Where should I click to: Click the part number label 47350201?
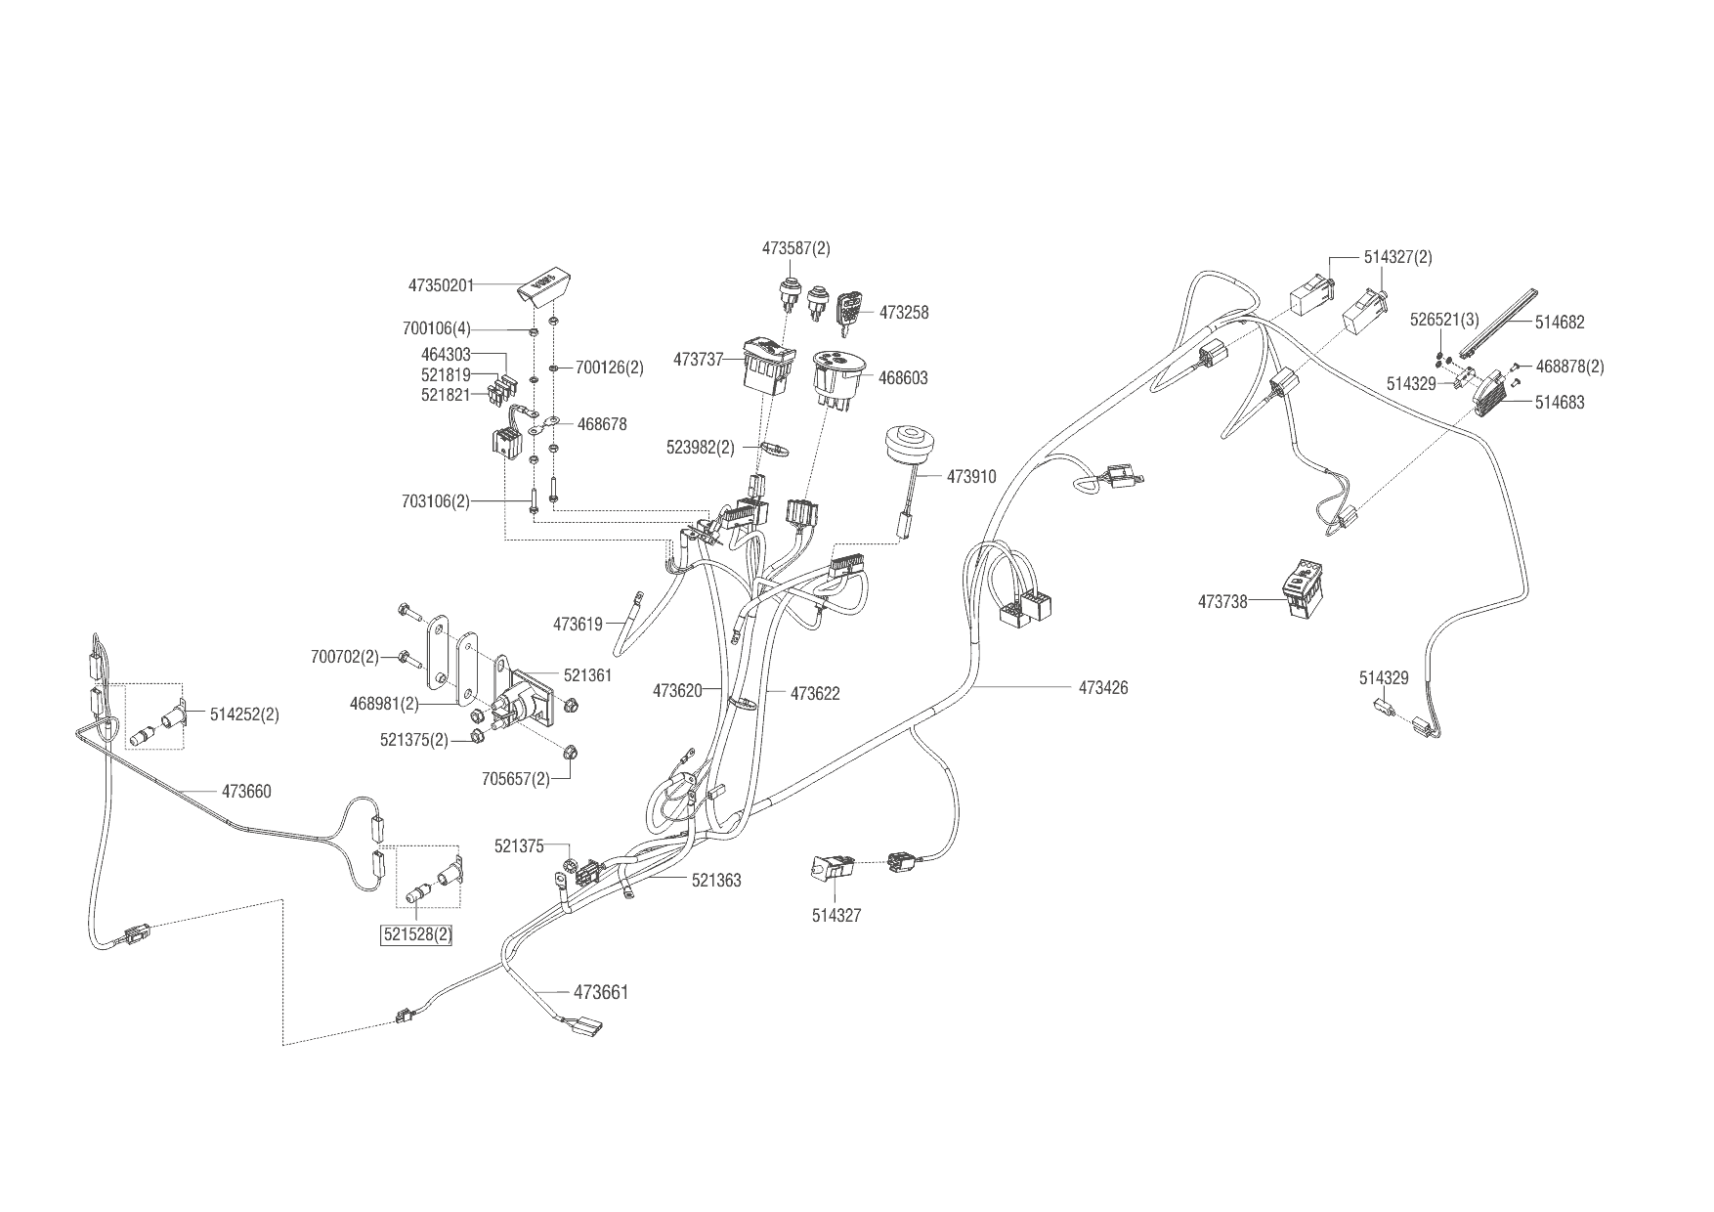pyautogui.click(x=441, y=285)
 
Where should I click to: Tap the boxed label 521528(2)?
pyautogui.click(x=417, y=934)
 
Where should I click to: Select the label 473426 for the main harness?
pyautogui.click(x=1103, y=688)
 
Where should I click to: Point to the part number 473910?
pyautogui.click(x=971, y=477)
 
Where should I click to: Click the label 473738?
pyautogui.click(x=1222, y=602)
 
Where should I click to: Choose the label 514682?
pyautogui.click(x=1560, y=322)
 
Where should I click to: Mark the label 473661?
pyautogui.click(x=601, y=993)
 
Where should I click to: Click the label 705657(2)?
pyautogui.click(x=516, y=779)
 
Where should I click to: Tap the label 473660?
pyautogui.click(x=246, y=792)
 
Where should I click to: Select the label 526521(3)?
pyautogui.click(x=1445, y=320)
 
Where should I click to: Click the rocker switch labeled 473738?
pyautogui.click(x=1304, y=588)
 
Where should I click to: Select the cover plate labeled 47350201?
pyautogui.click(x=545, y=286)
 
